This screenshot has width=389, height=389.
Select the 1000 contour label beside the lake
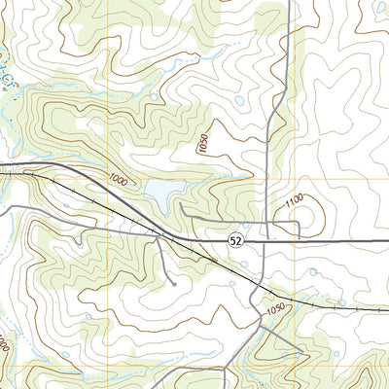point(118,179)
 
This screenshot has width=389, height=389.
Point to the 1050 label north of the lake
point(202,145)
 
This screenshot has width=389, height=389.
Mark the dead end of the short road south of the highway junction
point(173,283)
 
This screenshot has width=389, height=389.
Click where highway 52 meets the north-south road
point(265,239)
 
